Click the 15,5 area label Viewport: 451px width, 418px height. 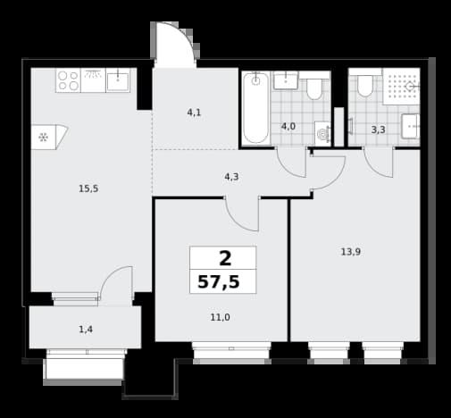[88, 188]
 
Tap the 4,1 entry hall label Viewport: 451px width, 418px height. [194, 113]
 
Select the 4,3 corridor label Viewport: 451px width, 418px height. [231, 177]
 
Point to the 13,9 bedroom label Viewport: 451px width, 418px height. [351, 252]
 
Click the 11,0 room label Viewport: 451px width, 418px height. [220, 317]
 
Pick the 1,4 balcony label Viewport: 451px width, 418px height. [86, 330]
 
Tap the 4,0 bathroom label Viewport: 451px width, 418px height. [288, 127]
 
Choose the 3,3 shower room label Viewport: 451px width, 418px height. [379, 130]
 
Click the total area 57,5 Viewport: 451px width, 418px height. [219, 281]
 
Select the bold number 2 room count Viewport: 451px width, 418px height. [225, 258]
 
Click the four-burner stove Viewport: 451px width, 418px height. [68, 80]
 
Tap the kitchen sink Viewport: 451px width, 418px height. [118, 80]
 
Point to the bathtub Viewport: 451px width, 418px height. [255, 109]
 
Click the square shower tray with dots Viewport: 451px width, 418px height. [401, 87]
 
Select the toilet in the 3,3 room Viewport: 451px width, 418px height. [365, 85]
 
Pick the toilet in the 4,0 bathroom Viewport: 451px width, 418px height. [314, 88]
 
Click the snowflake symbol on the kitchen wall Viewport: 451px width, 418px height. [44, 138]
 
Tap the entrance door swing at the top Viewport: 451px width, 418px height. [175, 45]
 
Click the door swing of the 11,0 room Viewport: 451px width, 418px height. [242, 214]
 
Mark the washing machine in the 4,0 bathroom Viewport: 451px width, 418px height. [323, 134]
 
